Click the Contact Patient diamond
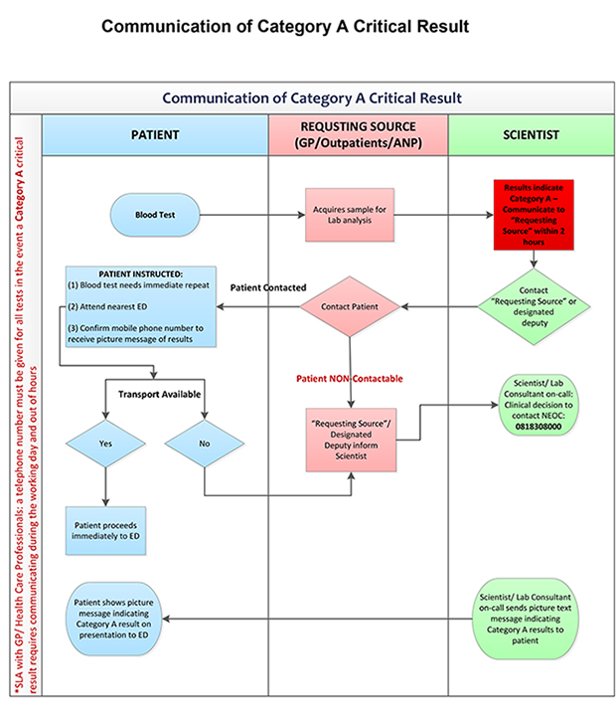click(349, 305)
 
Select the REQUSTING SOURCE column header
click(358, 135)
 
